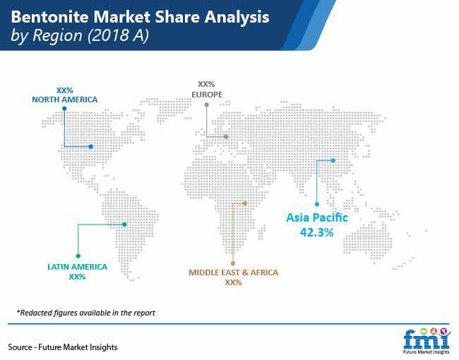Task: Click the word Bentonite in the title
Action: [49, 17]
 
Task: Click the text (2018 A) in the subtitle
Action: [118, 36]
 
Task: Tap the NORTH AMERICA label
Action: [65, 100]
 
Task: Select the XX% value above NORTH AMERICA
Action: [65, 90]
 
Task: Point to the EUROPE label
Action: [207, 95]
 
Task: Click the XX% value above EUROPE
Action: [206, 84]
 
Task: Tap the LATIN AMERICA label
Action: [77, 267]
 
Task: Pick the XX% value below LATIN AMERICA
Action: [77, 277]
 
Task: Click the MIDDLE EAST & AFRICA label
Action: [233, 272]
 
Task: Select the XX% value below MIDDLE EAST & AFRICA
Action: [233, 282]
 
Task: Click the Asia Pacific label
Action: [317, 217]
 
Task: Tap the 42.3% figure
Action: [317, 232]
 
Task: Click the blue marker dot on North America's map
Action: [91, 147]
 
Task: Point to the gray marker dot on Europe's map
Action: [226, 137]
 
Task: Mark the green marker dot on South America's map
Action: [125, 224]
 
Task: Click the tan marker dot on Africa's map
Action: [245, 203]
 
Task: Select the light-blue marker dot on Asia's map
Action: [333, 160]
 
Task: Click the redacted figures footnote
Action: [85, 313]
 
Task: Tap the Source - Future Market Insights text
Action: [63, 347]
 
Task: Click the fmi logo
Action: [427, 340]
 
